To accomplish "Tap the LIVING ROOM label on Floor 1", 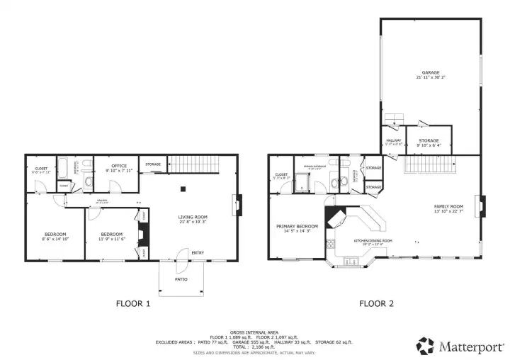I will click(193, 217).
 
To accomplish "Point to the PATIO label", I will click(182, 280).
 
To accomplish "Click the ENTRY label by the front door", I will click(198, 253).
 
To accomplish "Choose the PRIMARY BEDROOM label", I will click(297, 226).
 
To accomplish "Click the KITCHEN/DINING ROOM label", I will click(373, 240).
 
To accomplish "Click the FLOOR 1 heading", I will click(133, 304).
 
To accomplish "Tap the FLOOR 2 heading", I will click(376, 304).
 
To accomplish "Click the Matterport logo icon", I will click(425, 345).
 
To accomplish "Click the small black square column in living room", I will click(183, 189).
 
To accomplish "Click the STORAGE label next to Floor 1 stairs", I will click(153, 165).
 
